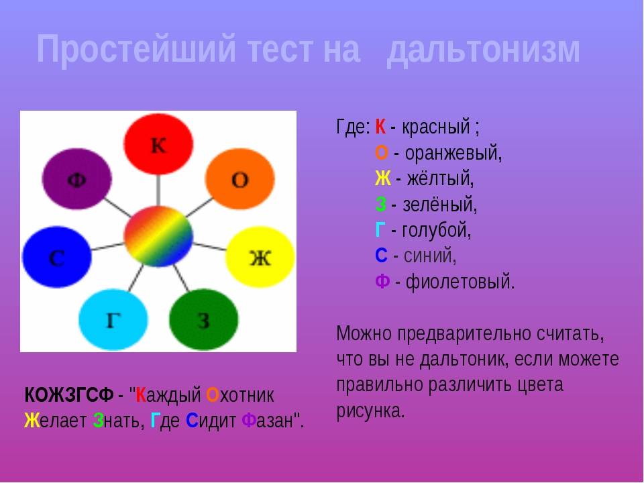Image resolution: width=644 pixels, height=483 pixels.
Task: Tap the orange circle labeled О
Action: pyautogui.click(x=240, y=179)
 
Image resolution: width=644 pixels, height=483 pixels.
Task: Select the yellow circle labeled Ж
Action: pyautogui.click(x=260, y=257)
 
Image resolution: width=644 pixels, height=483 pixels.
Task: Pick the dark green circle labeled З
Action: pyautogui.click(x=204, y=319)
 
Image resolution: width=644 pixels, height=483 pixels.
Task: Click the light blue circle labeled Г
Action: pyautogui.click(x=113, y=319)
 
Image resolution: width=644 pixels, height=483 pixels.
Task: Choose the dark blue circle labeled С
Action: pyautogui.click(x=56, y=257)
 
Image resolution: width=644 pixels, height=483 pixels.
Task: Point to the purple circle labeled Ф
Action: pyautogui.click(x=76, y=179)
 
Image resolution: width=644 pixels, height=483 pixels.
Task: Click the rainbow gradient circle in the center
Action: pyautogui.click(x=158, y=237)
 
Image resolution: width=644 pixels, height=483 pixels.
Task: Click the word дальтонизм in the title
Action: pyautogui.click(x=483, y=50)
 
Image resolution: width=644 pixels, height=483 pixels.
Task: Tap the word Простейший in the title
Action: pyautogui.click(x=136, y=49)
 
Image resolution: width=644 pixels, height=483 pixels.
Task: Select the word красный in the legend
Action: pyautogui.click(x=436, y=127)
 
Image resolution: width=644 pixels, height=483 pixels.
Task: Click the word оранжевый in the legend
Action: pyautogui.click(x=453, y=154)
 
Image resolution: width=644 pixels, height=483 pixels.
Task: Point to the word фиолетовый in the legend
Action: pyautogui.click(x=460, y=282)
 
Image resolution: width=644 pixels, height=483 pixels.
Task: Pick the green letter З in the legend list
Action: pyautogui.click(x=381, y=205)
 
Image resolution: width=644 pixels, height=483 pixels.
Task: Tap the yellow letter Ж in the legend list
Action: pyautogui.click(x=383, y=178)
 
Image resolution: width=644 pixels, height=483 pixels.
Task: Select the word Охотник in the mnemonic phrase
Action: pyautogui.click(x=240, y=395)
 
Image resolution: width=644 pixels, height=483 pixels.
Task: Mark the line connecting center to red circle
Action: pyautogui.click(x=158, y=191)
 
